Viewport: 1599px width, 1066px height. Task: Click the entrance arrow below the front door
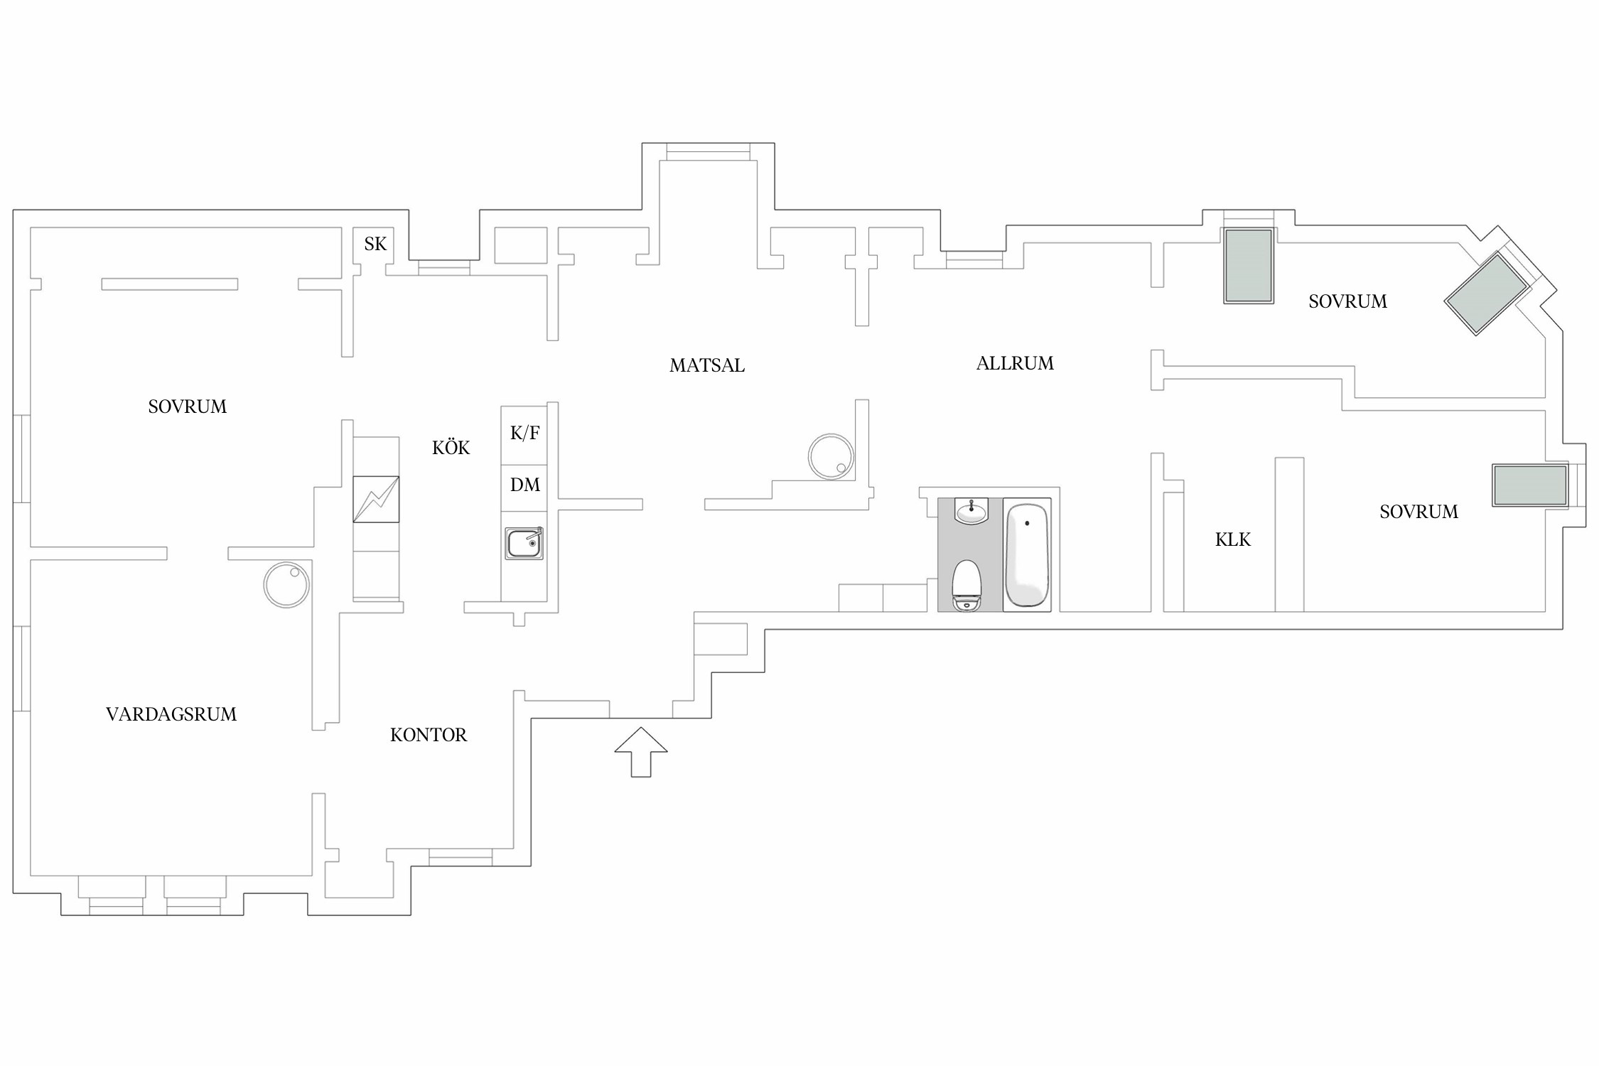tap(641, 752)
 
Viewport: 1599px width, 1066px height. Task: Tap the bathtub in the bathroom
tap(1027, 555)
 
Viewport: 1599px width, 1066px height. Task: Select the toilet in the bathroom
tap(967, 586)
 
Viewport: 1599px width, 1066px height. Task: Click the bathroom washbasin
tap(971, 510)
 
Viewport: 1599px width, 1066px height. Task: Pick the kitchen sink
tap(524, 544)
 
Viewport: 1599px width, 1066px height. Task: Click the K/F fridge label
tap(525, 433)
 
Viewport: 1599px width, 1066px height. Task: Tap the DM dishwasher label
tap(525, 485)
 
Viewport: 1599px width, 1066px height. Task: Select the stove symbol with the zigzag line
tap(376, 499)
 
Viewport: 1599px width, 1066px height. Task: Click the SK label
tap(375, 244)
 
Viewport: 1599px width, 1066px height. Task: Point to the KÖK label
tap(451, 447)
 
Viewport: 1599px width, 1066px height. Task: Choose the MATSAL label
tap(707, 365)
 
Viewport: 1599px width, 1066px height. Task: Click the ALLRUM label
tap(1015, 363)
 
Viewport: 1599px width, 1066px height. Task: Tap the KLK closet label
tap(1233, 540)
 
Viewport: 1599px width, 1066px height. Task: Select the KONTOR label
tap(429, 735)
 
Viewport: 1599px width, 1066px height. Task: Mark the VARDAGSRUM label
tap(171, 714)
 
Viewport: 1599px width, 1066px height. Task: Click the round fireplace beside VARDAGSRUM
tap(286, 585)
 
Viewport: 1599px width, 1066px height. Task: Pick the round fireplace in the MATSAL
tap(831, 456)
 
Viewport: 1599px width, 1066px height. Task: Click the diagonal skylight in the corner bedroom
tap(1487, 293)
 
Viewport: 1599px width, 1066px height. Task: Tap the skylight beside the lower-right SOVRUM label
tap(1530, 485)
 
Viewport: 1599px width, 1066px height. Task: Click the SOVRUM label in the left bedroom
tap(188, 407)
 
